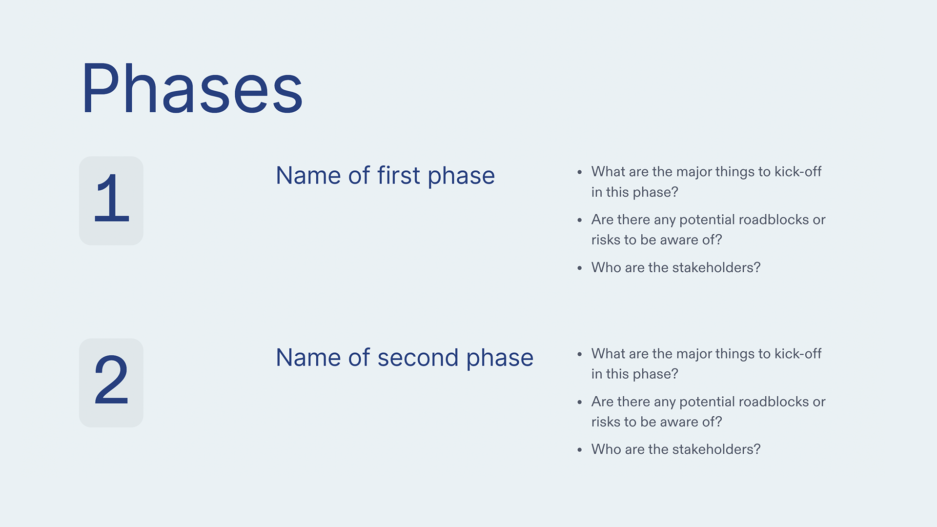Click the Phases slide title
coord(192,89)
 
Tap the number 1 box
coord(111,201)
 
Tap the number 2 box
coord(111,383)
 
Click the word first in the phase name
coord(398,176)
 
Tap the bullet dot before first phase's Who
coord(579,268)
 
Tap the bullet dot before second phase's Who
coord(579,450)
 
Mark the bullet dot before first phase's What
coord(579,173)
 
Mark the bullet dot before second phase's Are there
coord(579,403)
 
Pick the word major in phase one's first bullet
coord(693,172)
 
